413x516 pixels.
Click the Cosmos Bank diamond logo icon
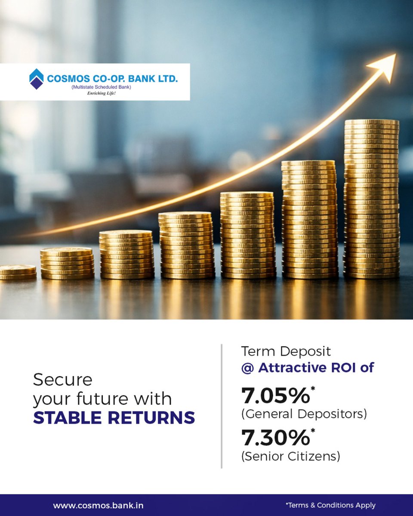pyautogui.click(x=36, y=79)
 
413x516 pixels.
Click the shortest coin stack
pyautogui.click(x=17, y=272)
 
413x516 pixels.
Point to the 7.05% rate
pyautogui.click(x=275, y=396)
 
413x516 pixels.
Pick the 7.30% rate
pyautogui.click(x=275, y=438)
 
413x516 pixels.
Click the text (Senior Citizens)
pyautogui.click(x=291, y=456)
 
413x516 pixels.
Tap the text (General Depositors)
pyautogui.click(x=304, y=414)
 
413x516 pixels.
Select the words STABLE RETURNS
pyautogui.click(x=114, y=418)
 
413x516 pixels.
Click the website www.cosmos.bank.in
pyautogui.click(x=98, y=506)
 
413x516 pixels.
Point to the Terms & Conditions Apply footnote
pyautogui.click(x=330, y=506)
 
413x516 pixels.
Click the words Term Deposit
pyautogui.click(x=286, y=351)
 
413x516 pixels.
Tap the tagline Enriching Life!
pyautogui.click(x=102, y=93)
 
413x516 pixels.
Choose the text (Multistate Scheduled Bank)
pyautogui.click(x=102, y=87)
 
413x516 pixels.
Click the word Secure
pyautogui.click(x=63, y=380)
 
